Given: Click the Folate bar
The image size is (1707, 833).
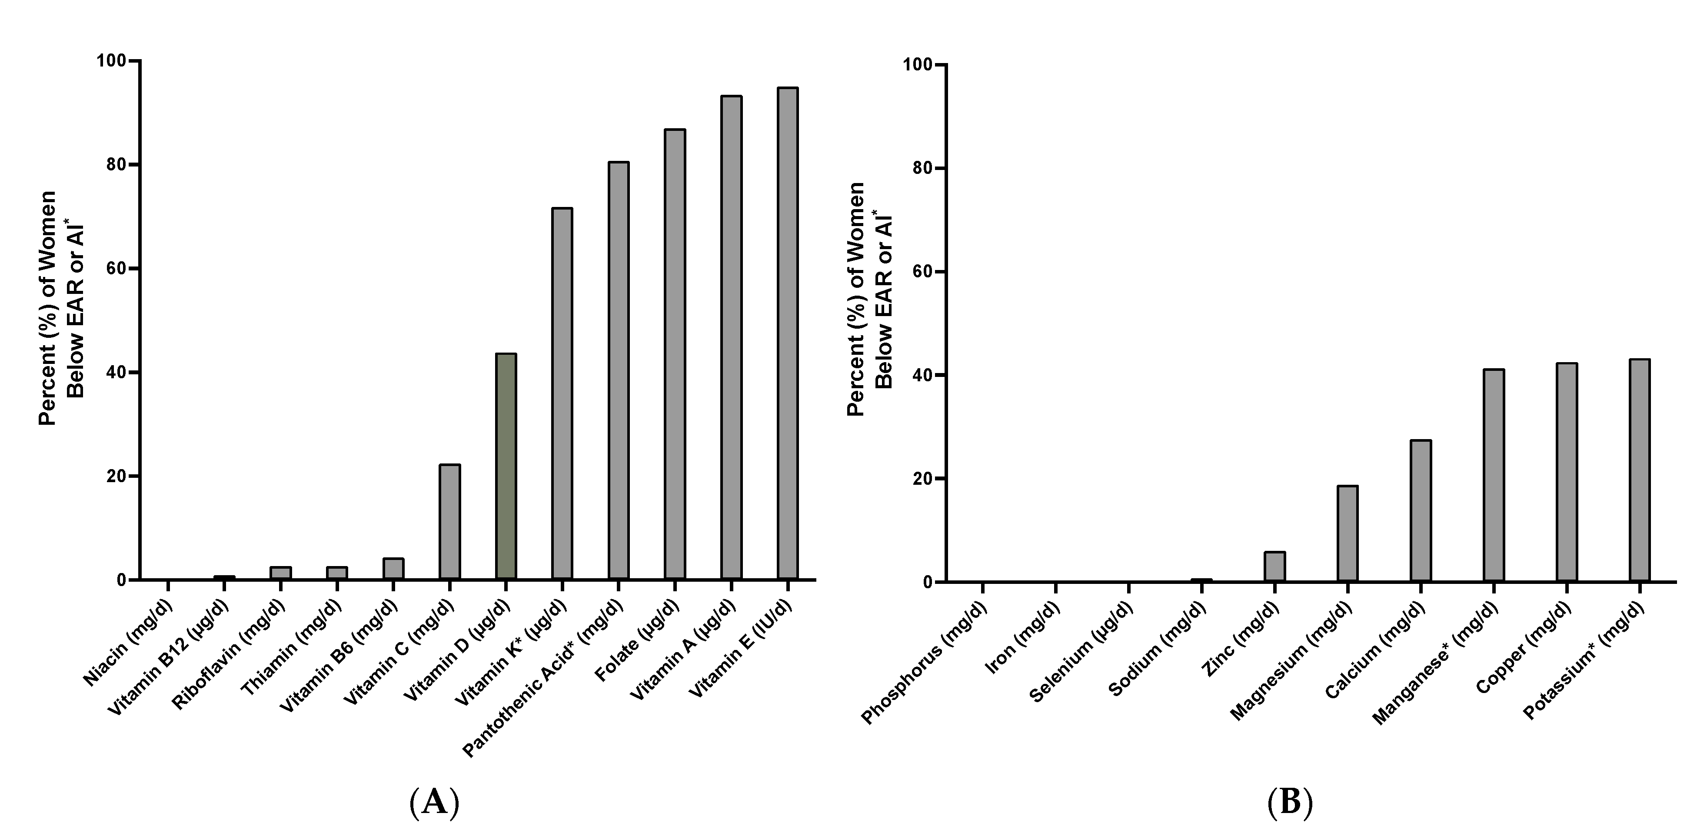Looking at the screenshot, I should (675, 354).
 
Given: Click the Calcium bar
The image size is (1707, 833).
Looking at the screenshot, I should (1421, 511).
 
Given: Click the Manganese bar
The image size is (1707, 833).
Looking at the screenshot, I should (1494, 476).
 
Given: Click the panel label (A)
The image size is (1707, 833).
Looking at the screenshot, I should (434, 803).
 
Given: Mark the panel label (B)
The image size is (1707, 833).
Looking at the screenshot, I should (1290, 803).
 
